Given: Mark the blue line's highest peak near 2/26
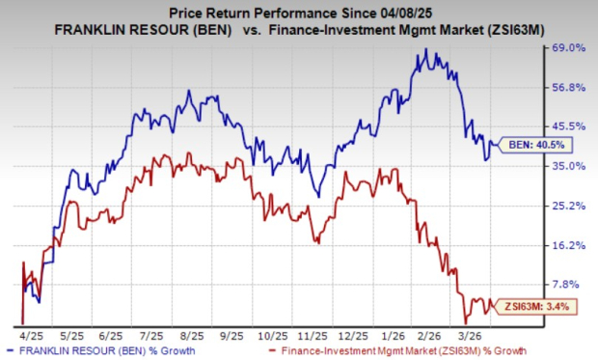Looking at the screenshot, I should (424, 49).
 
